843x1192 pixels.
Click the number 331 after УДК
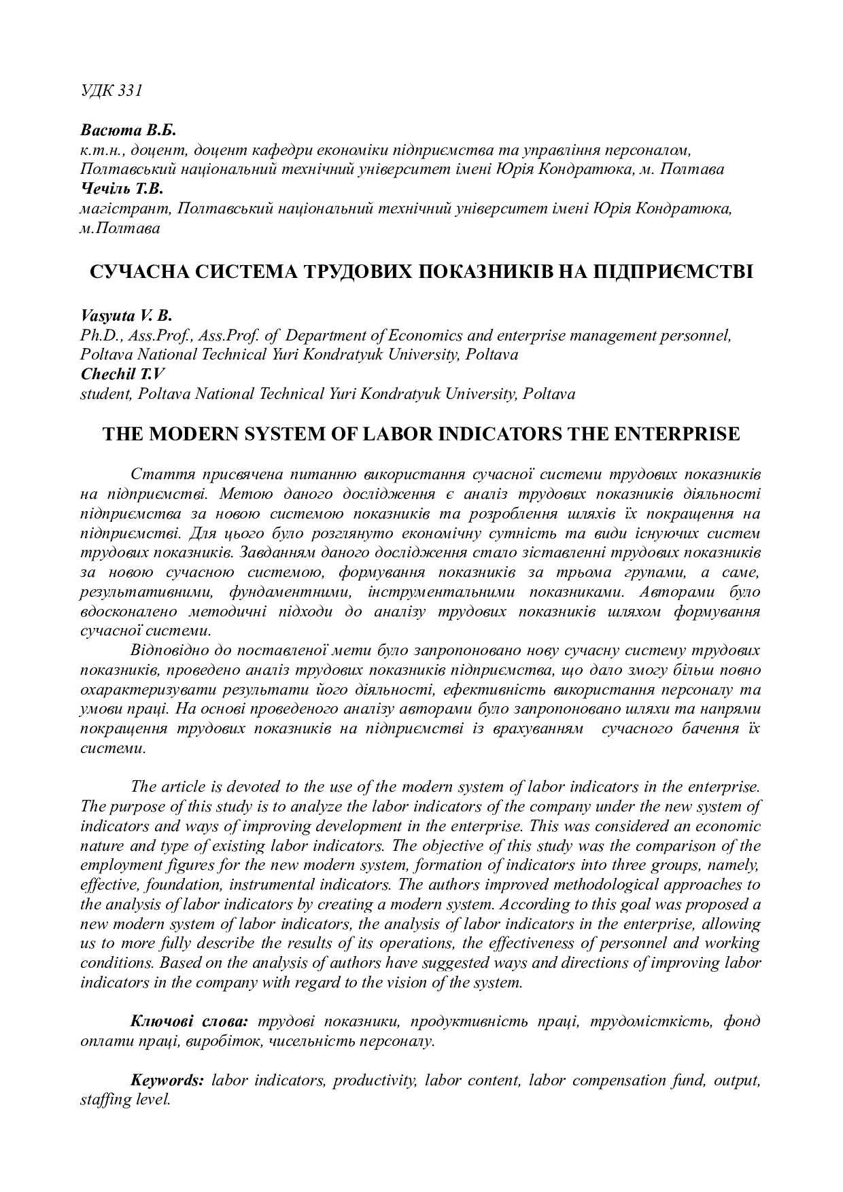[x=130, y=91]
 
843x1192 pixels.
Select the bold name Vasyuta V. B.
[x=126, y=315]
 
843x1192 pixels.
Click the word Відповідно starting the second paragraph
[x=173, y=650]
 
